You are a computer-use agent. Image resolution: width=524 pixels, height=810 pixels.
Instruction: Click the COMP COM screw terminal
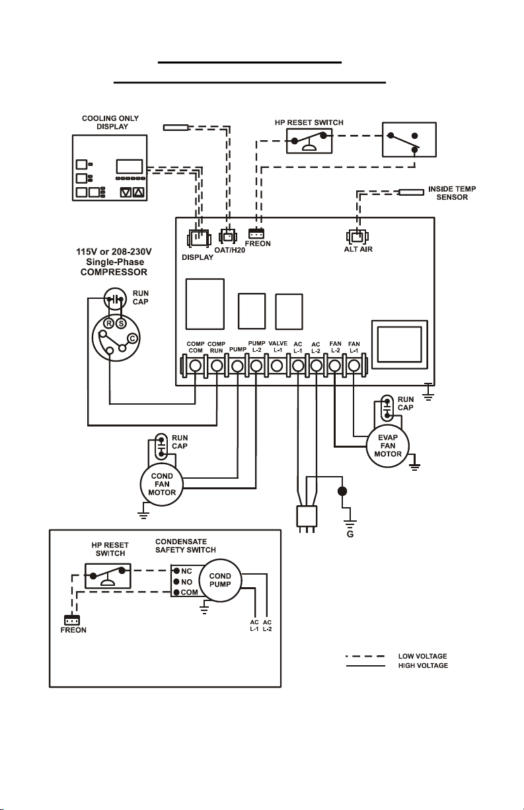tap(195, 366)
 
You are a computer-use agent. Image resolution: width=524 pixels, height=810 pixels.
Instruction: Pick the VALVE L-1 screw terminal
tap(277, 366)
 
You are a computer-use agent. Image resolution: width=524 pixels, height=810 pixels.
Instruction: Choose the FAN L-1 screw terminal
tap(354, 366)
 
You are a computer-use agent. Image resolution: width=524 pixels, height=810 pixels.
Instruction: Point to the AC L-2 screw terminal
tap(317, 366)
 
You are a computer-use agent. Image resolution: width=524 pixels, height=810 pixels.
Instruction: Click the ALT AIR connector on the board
tap(357, 237)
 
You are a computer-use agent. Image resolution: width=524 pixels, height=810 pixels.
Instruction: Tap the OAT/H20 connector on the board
tap(228, 237)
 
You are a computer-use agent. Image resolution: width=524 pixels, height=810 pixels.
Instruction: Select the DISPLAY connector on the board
tap(199, 239)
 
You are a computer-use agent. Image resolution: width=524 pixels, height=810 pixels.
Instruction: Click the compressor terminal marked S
tap(121, 323)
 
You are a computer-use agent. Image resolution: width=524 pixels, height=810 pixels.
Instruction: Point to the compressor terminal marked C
tap(133, 339)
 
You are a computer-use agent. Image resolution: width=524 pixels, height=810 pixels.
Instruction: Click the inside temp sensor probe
tap(411, 192)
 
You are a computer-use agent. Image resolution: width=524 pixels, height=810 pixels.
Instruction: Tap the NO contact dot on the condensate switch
tap(176, 582)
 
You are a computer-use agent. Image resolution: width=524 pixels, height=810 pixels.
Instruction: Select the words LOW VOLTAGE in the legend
tap(422, 656)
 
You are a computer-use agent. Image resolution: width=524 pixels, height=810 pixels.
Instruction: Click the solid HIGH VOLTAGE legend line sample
tap(365, 666)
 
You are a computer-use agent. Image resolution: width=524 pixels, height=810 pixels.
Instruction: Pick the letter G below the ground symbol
tap(350, 534)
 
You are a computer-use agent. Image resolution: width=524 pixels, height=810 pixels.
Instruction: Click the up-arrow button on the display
tap(139, 192)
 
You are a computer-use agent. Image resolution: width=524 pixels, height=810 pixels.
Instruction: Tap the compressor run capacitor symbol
tap(115, 299)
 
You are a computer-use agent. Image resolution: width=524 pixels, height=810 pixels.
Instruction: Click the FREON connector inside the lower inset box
tap(72, 620)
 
